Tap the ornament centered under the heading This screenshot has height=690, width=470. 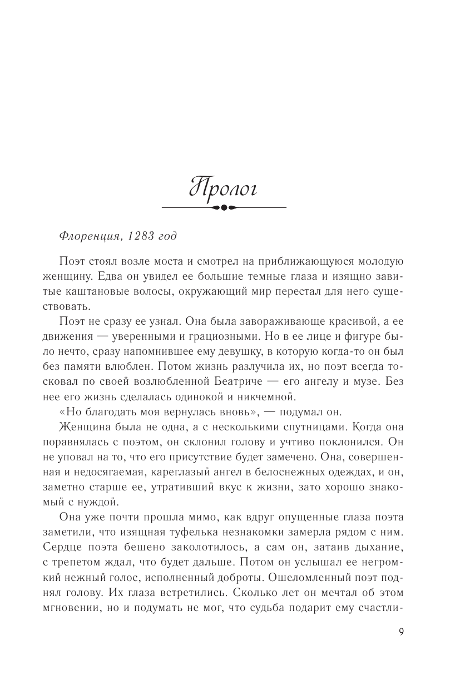point(224,207)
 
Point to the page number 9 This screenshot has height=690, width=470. point(401,631)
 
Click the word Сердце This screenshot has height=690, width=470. point(62,548)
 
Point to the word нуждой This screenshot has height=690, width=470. point(101,502)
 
